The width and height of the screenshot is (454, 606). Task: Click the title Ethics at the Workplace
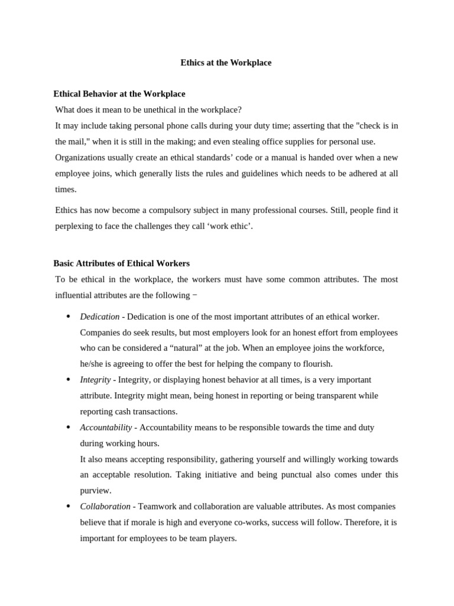click(226, 63)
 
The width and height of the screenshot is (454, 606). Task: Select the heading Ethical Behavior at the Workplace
click(119, 94)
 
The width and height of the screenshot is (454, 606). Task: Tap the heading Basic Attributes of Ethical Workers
click(121, 263)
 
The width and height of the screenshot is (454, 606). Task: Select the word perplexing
click(75, 226)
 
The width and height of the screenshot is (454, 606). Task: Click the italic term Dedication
click(99, 317)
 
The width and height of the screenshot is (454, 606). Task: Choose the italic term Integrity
click(95, 380)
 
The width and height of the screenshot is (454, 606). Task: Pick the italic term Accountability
click(106, 427)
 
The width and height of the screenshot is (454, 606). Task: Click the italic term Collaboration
click(105, 507)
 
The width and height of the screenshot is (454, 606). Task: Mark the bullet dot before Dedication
click(69, 317)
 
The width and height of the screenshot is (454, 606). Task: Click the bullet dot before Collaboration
click(69, 507)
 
